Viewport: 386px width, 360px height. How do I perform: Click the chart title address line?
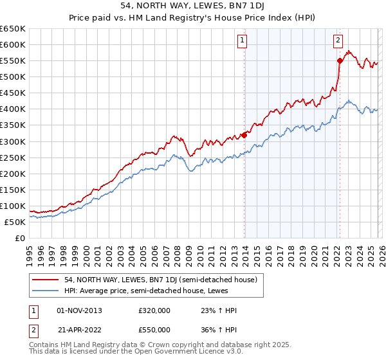[193, 6]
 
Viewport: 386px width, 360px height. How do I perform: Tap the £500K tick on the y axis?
[13, 77]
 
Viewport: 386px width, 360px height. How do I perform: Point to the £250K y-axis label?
[13, 157]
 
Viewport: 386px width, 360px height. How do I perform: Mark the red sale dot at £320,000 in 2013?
[244, 135]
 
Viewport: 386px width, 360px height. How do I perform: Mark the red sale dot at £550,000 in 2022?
[340, 60]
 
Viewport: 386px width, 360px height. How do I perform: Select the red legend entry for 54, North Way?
[161, 280]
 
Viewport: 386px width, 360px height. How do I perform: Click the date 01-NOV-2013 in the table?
[80, 310]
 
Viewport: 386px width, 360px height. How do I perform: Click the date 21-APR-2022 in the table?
[80, 329]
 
